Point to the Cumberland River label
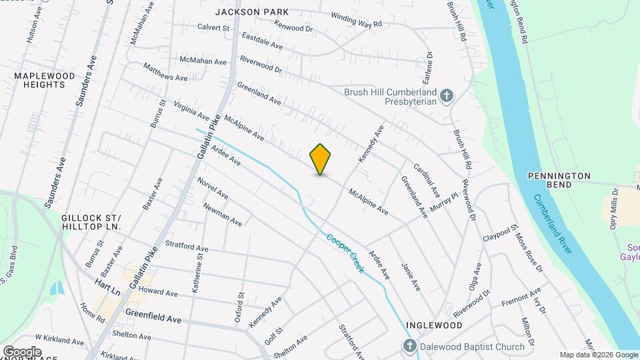pyautogui.click(x=552, y=223)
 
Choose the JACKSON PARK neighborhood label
pyautogui.click(x=252, y=12)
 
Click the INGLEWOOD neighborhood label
pyautogui.click(x=435, y=325)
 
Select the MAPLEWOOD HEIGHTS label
pyautogui.click(x=45, y=81)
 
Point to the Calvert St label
pyautogui.click(x=213, y=28)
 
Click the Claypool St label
pyautogui.click(x=501, y=234)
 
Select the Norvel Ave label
pyautogui.click(x=213, y=187)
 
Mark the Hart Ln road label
pyautogui.click(x=107, y=287)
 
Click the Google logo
pyautogui.click(x=21, y=351)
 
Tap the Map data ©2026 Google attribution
pyautogui.click(x=598, y=355)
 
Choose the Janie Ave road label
pyautogui.click(x=411, y=276)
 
